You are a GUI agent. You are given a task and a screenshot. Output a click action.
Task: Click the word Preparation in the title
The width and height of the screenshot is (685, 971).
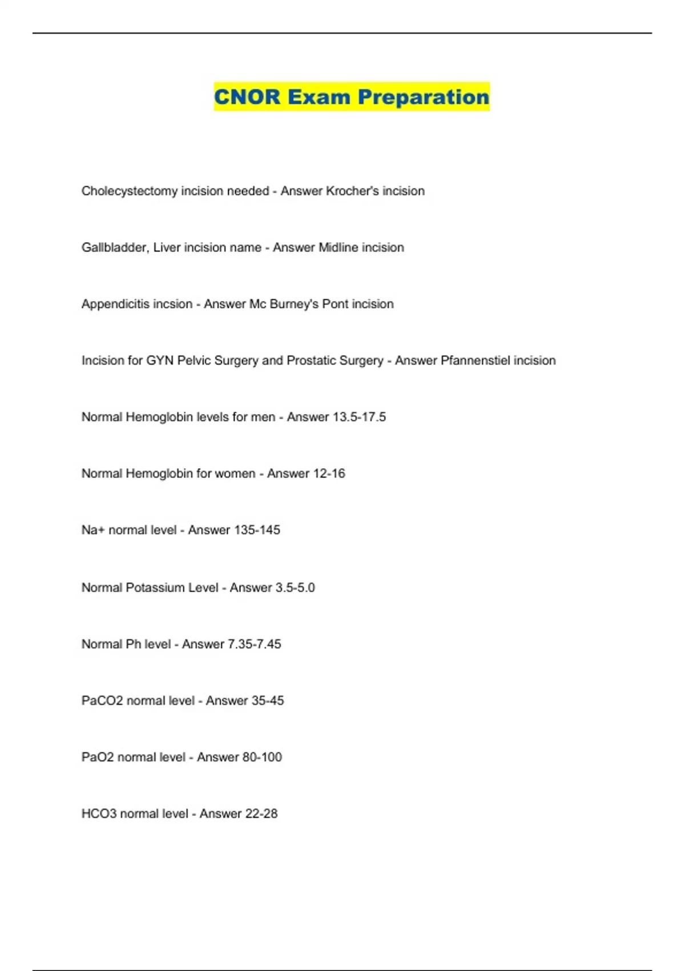423,97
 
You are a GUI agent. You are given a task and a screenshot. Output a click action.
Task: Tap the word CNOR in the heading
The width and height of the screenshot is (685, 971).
247,97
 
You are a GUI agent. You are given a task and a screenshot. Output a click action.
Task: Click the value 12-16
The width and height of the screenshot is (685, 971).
325,474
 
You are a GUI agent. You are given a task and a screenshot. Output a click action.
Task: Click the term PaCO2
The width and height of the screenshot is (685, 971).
102,700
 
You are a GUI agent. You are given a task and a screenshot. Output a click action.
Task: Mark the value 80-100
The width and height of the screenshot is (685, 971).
262,757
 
